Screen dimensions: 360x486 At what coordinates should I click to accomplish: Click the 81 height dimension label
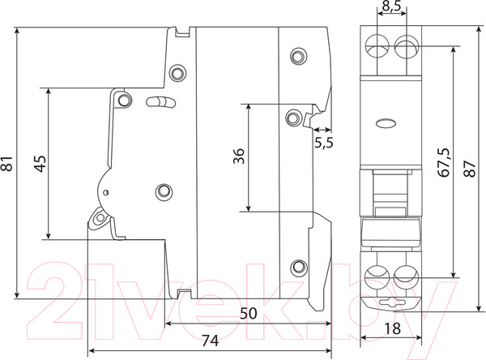pyautogui.click(x=9, y=164)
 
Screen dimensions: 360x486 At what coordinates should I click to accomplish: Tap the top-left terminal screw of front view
pyautogui.click(x=377, y=47)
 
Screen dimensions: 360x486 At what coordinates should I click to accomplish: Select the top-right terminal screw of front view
pyautogui.click(x=404, y=47)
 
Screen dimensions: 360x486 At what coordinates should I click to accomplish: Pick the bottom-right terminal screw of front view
pyautogui.click(x=404, y=276)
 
